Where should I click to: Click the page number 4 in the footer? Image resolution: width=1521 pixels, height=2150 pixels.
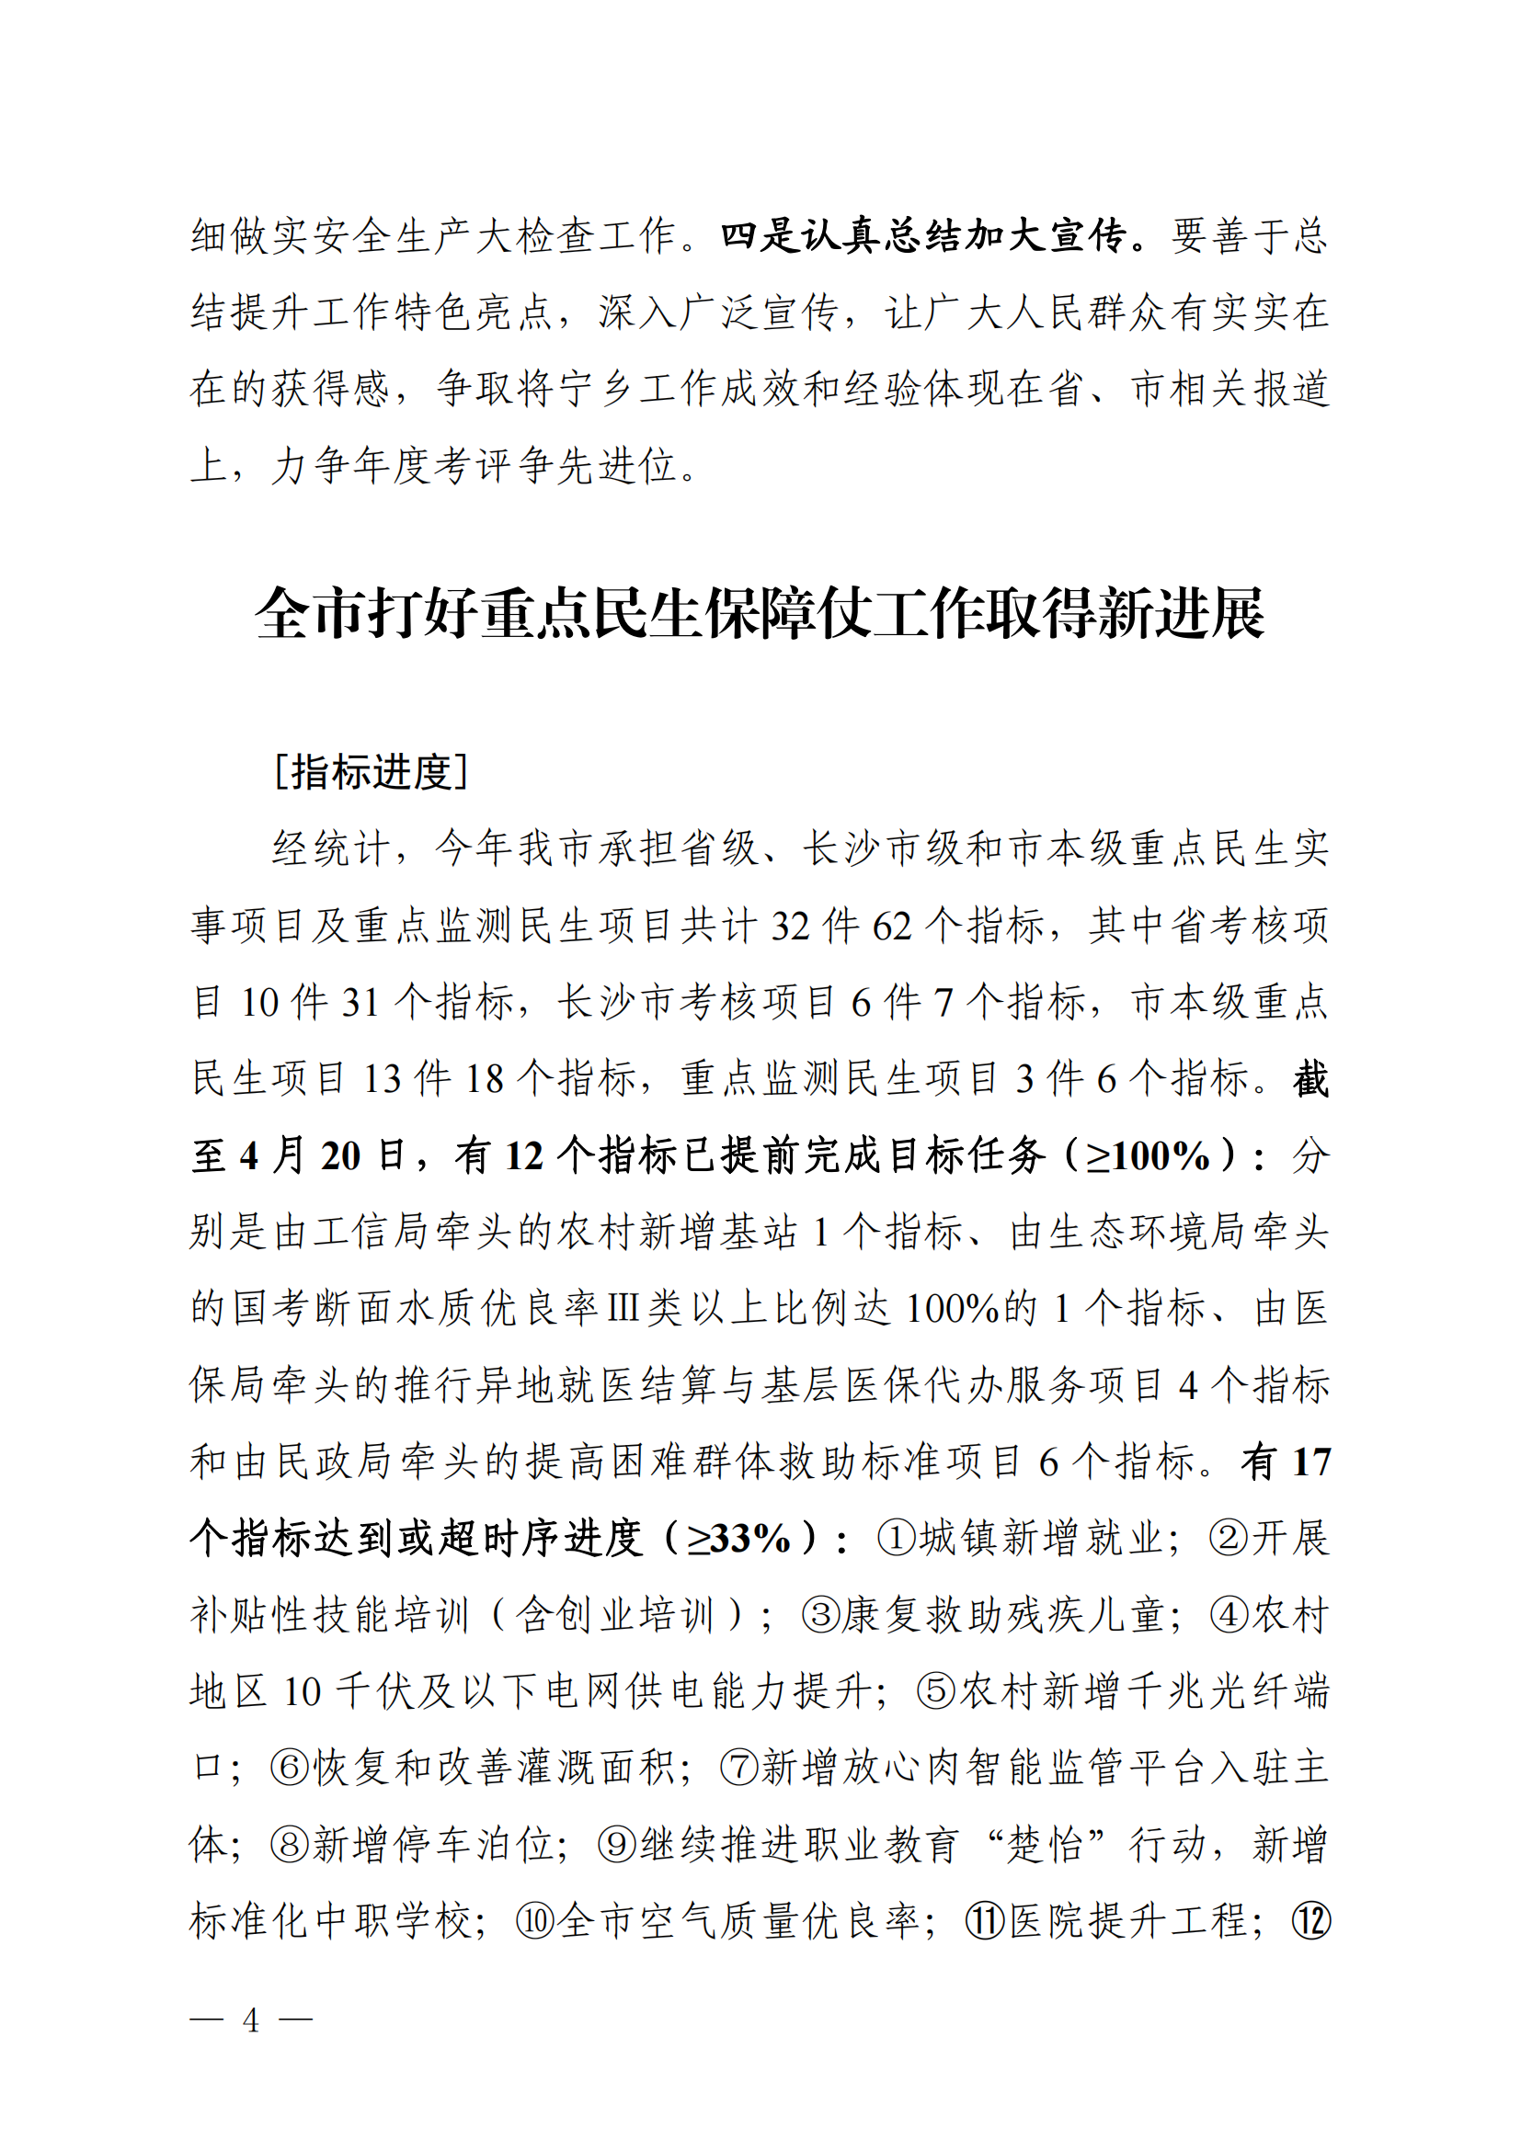pos(250,2019)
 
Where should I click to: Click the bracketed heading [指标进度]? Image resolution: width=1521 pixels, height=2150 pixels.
pos(371,771)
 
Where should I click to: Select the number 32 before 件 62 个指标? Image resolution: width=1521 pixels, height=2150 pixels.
pos(791,927)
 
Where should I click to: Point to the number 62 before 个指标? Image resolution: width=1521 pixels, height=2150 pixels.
pos(893,927)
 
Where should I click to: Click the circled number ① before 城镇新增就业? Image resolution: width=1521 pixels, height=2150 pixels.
pos(897,1539)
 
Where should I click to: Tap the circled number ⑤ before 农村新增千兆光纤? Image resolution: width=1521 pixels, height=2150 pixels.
pos(935,1692)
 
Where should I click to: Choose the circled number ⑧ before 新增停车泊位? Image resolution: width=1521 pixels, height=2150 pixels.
pos(290,1846)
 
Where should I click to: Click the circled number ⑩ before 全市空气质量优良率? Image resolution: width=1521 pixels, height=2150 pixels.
pos(536,1921)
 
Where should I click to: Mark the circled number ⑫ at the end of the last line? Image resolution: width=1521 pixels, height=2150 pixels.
pos(1310,1921)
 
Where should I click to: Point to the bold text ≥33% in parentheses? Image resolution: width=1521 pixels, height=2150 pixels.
pos(739,1539)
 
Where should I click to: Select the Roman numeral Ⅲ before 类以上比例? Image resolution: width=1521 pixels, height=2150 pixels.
pos(623,1309)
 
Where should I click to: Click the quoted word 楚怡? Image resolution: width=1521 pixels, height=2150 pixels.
pos(1045,1846)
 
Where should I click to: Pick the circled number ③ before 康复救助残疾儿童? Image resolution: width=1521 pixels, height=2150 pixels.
pos(820,1615)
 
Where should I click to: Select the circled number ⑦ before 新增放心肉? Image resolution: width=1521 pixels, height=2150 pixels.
pos(740,1769)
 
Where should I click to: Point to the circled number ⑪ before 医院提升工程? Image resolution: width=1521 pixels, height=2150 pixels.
pos(985,1921)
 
